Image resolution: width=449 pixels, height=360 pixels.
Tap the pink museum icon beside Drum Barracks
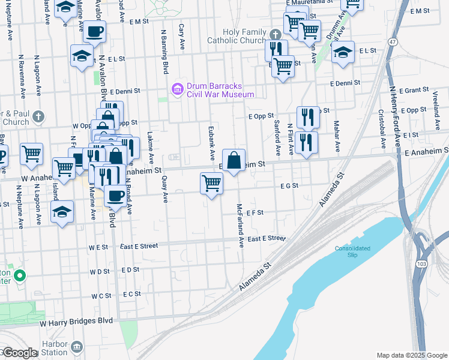176,90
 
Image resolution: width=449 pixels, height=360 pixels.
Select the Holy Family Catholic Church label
244,36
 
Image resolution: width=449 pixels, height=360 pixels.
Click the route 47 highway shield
393,41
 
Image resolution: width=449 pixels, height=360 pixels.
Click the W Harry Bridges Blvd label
76,322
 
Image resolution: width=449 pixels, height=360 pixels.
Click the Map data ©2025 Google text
412,355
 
